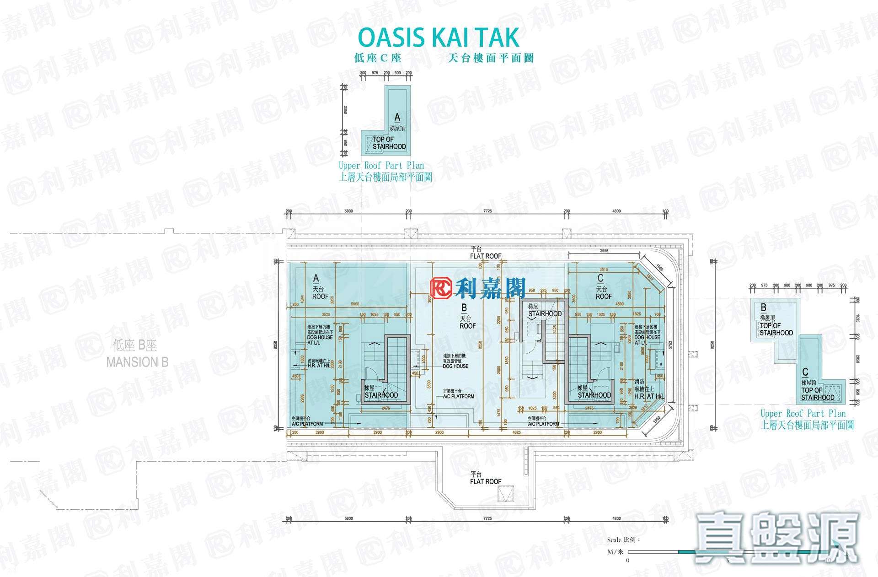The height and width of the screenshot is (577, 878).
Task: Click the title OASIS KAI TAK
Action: (439, 38)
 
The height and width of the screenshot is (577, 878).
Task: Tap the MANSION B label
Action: (137, 362)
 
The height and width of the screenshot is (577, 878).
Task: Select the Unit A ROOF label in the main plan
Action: (320, 296)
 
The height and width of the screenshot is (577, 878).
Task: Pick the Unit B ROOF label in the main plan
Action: (467, 326)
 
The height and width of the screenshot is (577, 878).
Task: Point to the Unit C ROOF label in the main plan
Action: (603, 296)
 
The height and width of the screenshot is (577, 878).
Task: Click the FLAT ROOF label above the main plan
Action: (486, 256)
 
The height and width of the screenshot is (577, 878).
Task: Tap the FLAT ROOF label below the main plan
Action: (486, 481)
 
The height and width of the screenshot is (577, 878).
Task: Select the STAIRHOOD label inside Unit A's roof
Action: (381, 395)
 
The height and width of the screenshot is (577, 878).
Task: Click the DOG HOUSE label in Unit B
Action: (455, 366)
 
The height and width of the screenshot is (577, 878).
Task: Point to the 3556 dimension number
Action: (604, 251)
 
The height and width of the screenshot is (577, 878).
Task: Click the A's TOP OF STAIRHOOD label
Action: (389, 143)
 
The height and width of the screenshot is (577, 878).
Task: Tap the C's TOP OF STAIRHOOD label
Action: (818, 394)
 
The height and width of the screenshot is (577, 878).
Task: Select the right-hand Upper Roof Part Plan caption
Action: (803, 414)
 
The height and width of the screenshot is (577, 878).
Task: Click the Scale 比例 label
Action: (624, 540)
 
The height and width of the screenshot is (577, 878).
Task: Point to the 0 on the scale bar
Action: (627, 560)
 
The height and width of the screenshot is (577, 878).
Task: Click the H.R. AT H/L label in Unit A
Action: (319, 366)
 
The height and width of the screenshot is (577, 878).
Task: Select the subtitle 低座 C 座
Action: (378, 58)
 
